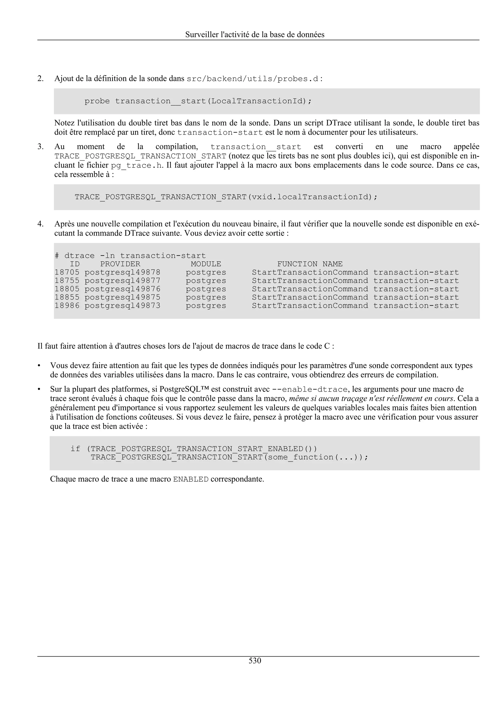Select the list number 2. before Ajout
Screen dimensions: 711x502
[40, 79]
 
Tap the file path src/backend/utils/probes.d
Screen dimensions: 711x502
[252, 79]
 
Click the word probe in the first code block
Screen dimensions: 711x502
[97, 101]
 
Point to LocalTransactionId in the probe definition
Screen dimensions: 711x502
[259, 101]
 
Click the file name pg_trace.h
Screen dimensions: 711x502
[136, 165]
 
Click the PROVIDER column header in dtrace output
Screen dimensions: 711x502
[120, 264]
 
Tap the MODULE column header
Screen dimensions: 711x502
[206, 264]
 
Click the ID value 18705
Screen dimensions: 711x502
[67, 273]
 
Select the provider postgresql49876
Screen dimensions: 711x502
[123, 289]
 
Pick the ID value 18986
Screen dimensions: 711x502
[67, 306]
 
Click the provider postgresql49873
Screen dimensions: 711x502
[123, 306]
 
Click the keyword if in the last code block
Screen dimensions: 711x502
[75, 449]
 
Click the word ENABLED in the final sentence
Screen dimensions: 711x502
[191, 479]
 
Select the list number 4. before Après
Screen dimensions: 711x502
[40, 224]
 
